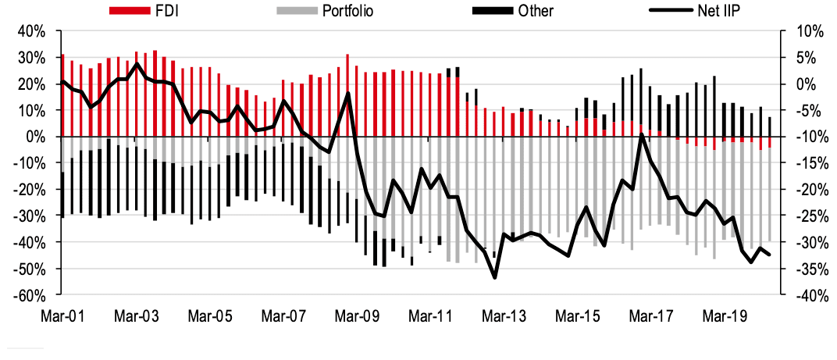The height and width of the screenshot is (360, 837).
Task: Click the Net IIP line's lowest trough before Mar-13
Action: tap(494, 277)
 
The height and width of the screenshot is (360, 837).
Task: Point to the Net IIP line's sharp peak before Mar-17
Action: tap(641, 135)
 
